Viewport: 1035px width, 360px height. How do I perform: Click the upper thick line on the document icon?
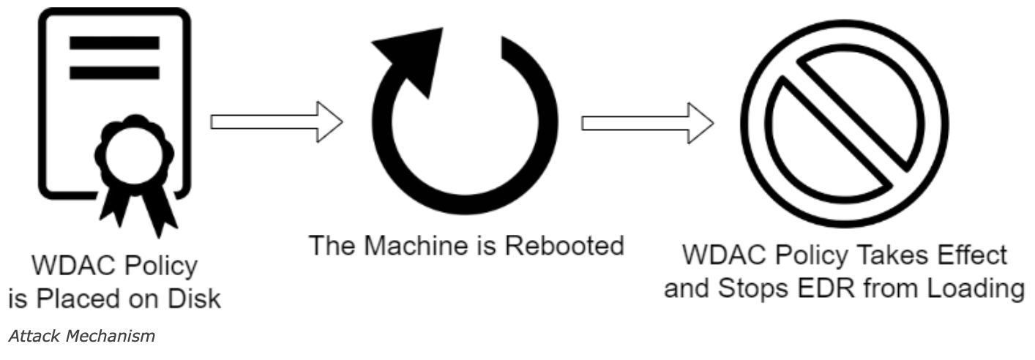(x=114, y=42)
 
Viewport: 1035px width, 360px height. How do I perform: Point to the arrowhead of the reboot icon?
(x=414, y=59)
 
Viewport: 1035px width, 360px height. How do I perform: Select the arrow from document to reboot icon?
(x=277, y=121)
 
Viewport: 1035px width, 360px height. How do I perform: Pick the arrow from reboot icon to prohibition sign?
(x=647, y=121)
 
